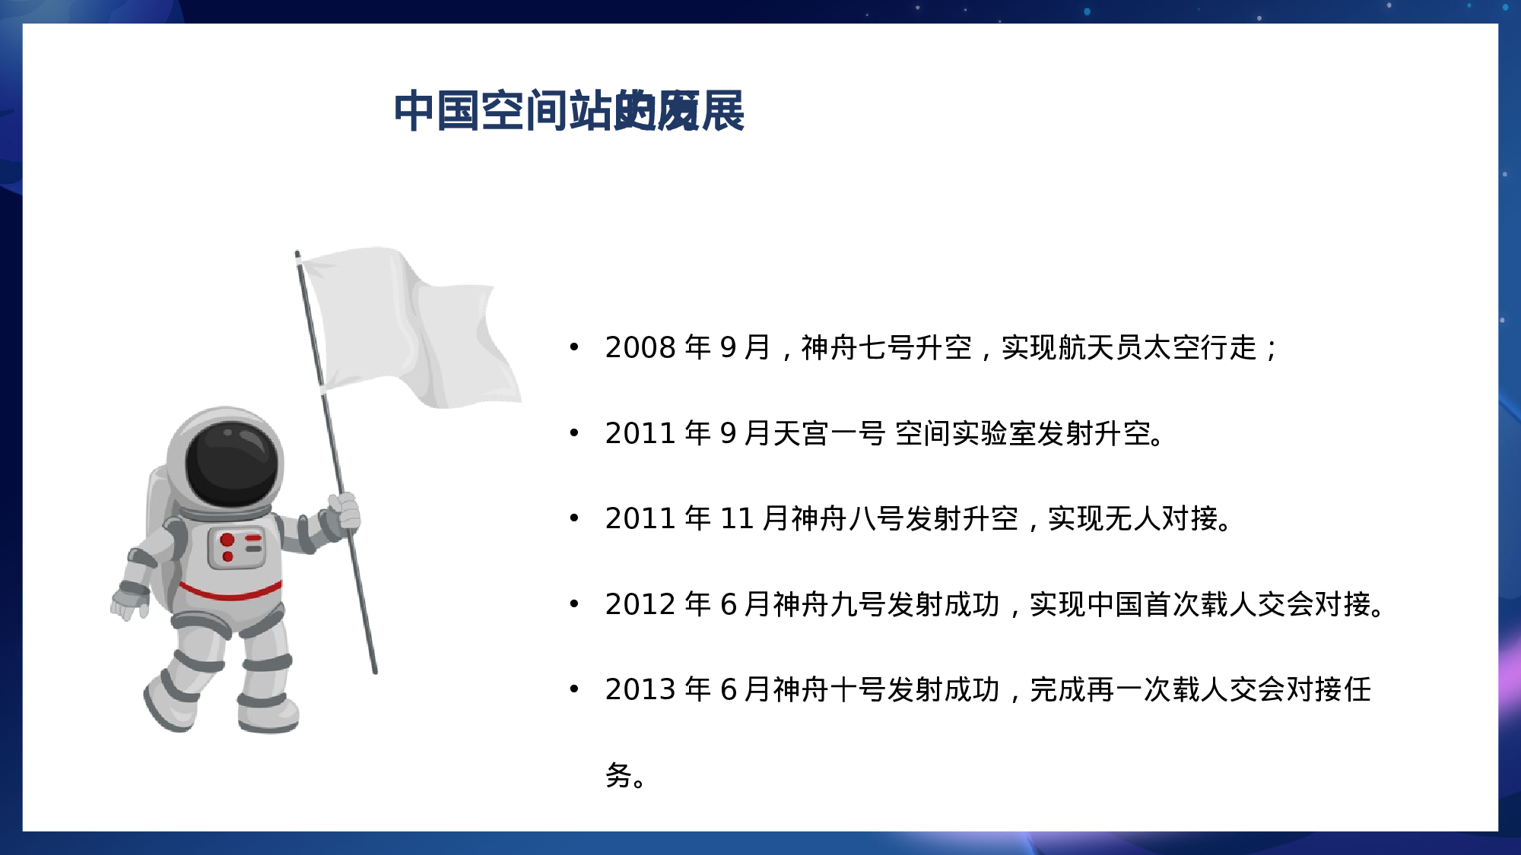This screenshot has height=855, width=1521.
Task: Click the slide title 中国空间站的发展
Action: pos(569,111)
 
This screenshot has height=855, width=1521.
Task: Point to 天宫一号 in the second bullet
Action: pos(829,434)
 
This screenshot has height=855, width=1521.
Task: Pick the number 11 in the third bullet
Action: pos(736,519)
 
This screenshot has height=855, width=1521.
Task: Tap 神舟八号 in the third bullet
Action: pos(847,519)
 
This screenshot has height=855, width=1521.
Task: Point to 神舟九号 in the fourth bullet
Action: pos(829,605)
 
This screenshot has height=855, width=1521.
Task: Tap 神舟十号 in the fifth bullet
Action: pos(829,690)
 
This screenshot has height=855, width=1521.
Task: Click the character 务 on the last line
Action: pos(619,775)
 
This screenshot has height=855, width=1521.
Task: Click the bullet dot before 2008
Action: pos(574,348)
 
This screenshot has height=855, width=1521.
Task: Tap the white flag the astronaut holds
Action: pos(411,327)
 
